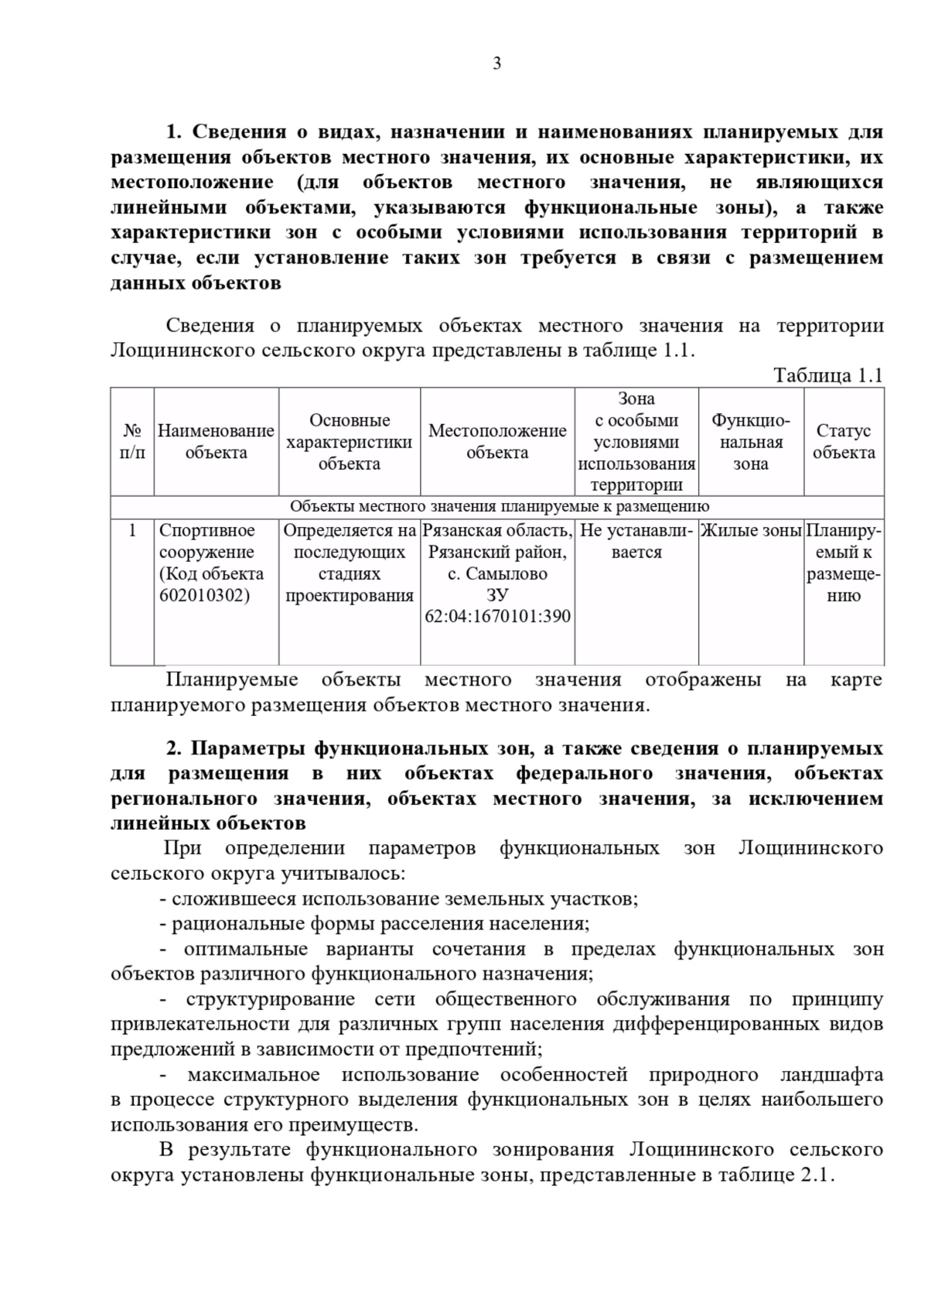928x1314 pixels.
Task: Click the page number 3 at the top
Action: [496, 63]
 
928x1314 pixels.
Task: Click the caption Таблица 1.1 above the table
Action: [827, 375]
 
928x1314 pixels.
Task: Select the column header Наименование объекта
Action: [216, 442]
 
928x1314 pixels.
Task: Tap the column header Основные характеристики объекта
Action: [350, 442]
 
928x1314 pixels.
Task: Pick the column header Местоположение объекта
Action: [497, 442]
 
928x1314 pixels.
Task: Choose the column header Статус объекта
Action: [843, 442]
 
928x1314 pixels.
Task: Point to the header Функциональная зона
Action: [751, 442]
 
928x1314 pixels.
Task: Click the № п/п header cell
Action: [132, 442]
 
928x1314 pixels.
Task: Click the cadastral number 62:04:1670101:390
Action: [498, 617]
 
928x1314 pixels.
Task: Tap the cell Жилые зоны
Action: [751, 531]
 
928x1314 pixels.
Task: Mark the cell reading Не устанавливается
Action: [636, 542]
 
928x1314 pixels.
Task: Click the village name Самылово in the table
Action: [508, 574]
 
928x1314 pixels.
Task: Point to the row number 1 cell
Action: [132, 531]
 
